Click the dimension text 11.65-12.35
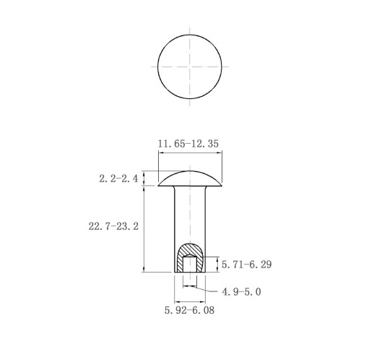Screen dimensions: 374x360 point(188,144)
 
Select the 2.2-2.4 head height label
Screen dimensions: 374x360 point(118,179)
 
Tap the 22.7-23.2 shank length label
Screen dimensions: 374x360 point(113,226)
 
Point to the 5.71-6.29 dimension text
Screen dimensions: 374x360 point(247,265)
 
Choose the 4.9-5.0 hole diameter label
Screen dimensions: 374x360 point(241,292)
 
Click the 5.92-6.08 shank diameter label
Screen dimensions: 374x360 point(189,310)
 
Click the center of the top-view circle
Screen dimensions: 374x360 point(190,67)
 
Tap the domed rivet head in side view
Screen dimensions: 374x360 point(190,179)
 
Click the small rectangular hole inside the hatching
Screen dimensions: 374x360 point(190,265)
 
